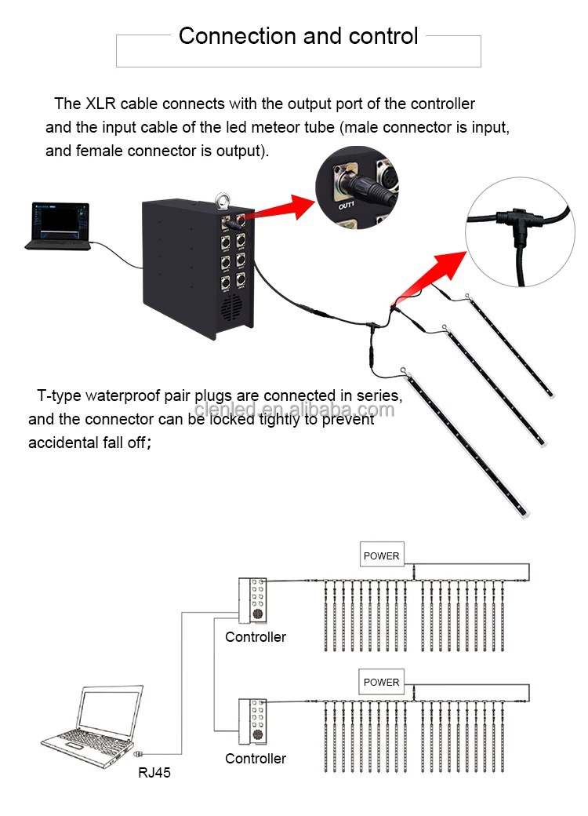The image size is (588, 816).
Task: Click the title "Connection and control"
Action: [298, 36]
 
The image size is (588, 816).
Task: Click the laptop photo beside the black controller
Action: [59, 227]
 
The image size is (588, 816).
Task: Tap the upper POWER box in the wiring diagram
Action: [381, 556]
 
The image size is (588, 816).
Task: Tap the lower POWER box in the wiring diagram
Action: [381, 682]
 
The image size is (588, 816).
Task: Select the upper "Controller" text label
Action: [256, 636]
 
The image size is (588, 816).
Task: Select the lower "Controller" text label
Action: [256, 758]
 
